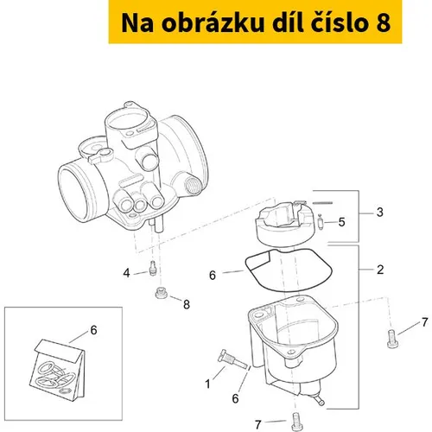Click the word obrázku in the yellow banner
click(x=213, y=23)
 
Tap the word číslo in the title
click(x=339, y=23)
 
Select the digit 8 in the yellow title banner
click(x=383, y=23)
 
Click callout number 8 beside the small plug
click(x=187, y=304)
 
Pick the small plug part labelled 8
click(x=162, y=293)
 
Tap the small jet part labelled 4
click(x=153, y=268)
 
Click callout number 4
click(x=126, y=273)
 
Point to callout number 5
click(x=341, y=222)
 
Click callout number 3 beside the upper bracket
click(x=380, y=213)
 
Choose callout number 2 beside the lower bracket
click(x=380, y=270)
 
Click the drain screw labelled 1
click(x=232, y=359)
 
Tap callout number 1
click(x=207, y=384)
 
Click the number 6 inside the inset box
click(x=94, y=330)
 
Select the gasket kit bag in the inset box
click(x=59, y=371)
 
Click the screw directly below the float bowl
click(x=296, y=422)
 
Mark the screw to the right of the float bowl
click(x=392, y=339)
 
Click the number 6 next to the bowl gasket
click(x=213, y=276)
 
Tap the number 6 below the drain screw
click(x=236, y=398)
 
